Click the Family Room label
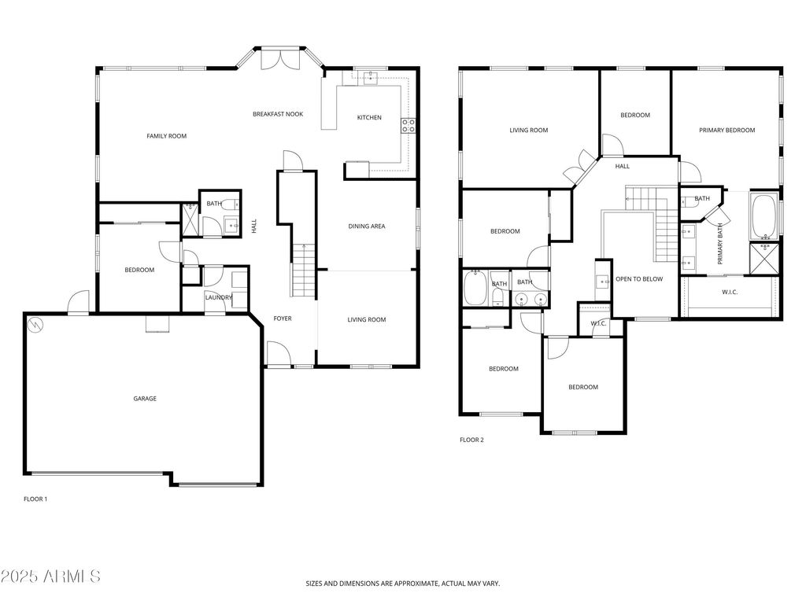pos(167,136)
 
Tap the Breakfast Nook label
pos(278,114)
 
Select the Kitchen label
pos(369,118)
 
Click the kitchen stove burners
pos(409,126)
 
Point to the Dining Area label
pos(367,226)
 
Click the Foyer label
pos(283,319)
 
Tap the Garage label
pos(145,398)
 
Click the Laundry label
pos(219,297)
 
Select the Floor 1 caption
pos(35,499)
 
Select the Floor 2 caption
pos(471,440)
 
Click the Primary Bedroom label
pos(727,131)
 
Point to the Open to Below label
pos(639,279)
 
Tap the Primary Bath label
pos(720,244)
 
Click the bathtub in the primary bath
pos(763,217)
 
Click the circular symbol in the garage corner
pos(36,324)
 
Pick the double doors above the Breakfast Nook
pos(279,60)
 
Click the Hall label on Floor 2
pos(622,167)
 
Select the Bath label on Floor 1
pos(214,204)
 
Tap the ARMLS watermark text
pos(50,576)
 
